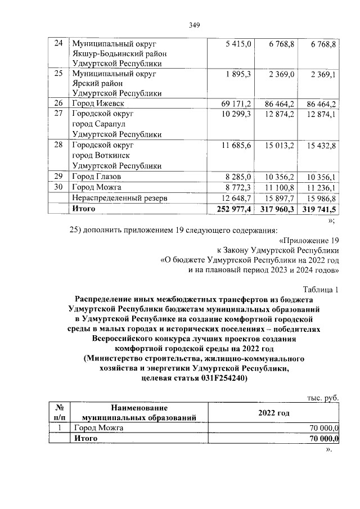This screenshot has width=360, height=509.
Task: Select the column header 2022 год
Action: coord(273,413)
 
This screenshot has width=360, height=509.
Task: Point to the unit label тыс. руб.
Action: coord(322,397)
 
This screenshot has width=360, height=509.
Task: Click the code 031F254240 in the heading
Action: coord(217,379)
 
